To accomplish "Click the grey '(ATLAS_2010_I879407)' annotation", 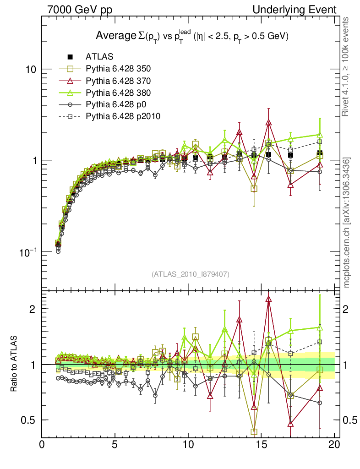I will [190, 274].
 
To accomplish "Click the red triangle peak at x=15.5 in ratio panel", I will [268, 300].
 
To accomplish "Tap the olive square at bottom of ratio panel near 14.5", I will [254, 431].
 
